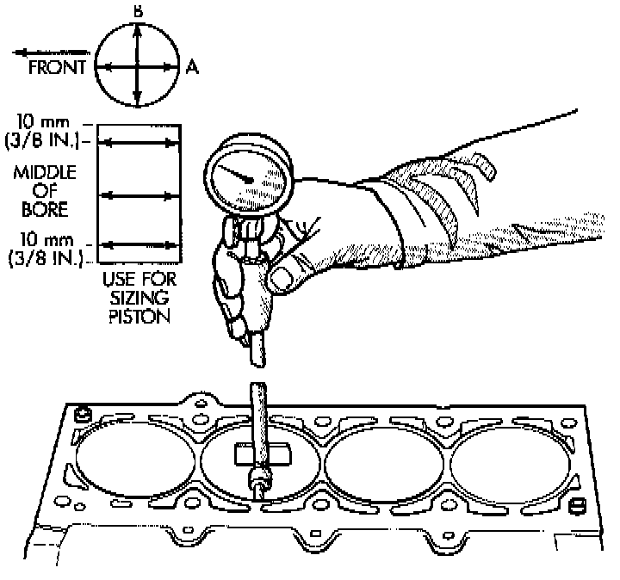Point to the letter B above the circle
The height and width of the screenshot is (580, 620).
[137, 10]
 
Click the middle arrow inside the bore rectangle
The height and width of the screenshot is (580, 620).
[139, 196]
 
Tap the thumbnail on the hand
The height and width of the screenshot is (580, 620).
[282, 276]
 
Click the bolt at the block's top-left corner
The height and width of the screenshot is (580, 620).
[84, 415]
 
